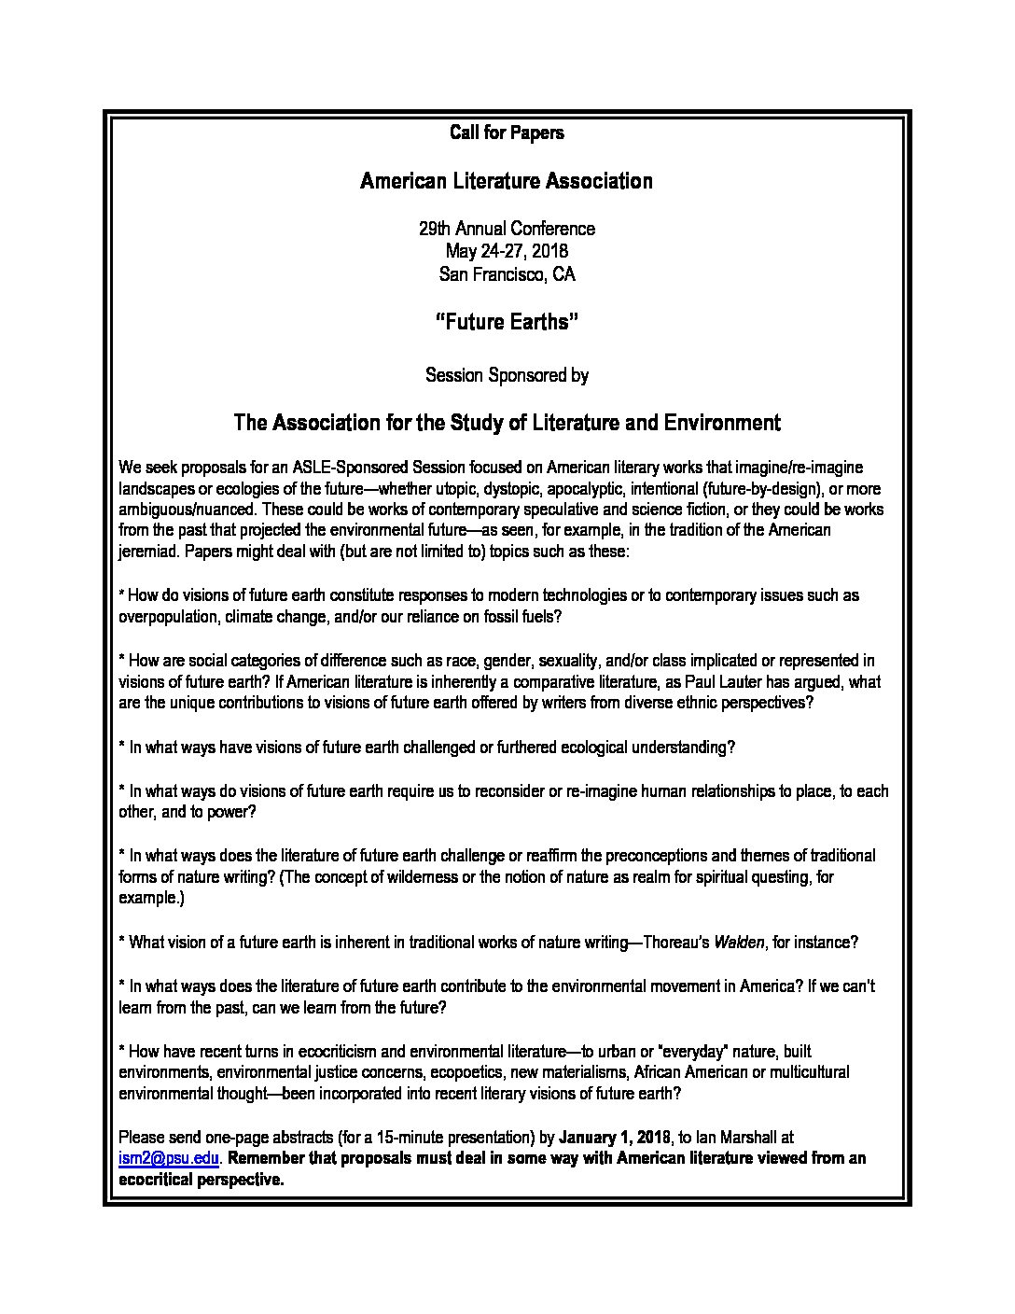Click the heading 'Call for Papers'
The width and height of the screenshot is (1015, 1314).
(x=507, y=133)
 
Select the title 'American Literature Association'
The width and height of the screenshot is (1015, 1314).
(x=507, y=181)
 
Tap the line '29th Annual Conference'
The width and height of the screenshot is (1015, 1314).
(x=507, y=229)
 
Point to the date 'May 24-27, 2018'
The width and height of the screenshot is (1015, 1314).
(x=507, y=251)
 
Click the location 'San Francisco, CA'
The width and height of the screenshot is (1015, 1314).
(x=507, y=274)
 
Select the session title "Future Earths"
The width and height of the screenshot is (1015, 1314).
(x=507, y=322)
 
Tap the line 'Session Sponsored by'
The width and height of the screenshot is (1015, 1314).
(x=507, y=375)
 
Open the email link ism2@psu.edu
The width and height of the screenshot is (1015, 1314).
(x=169, y=1158)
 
